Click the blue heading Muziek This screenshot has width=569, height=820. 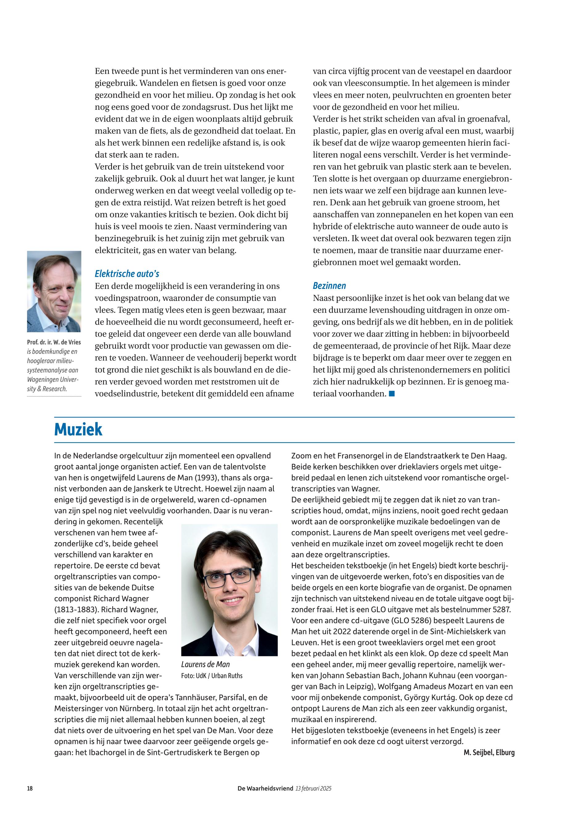[78, 429]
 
